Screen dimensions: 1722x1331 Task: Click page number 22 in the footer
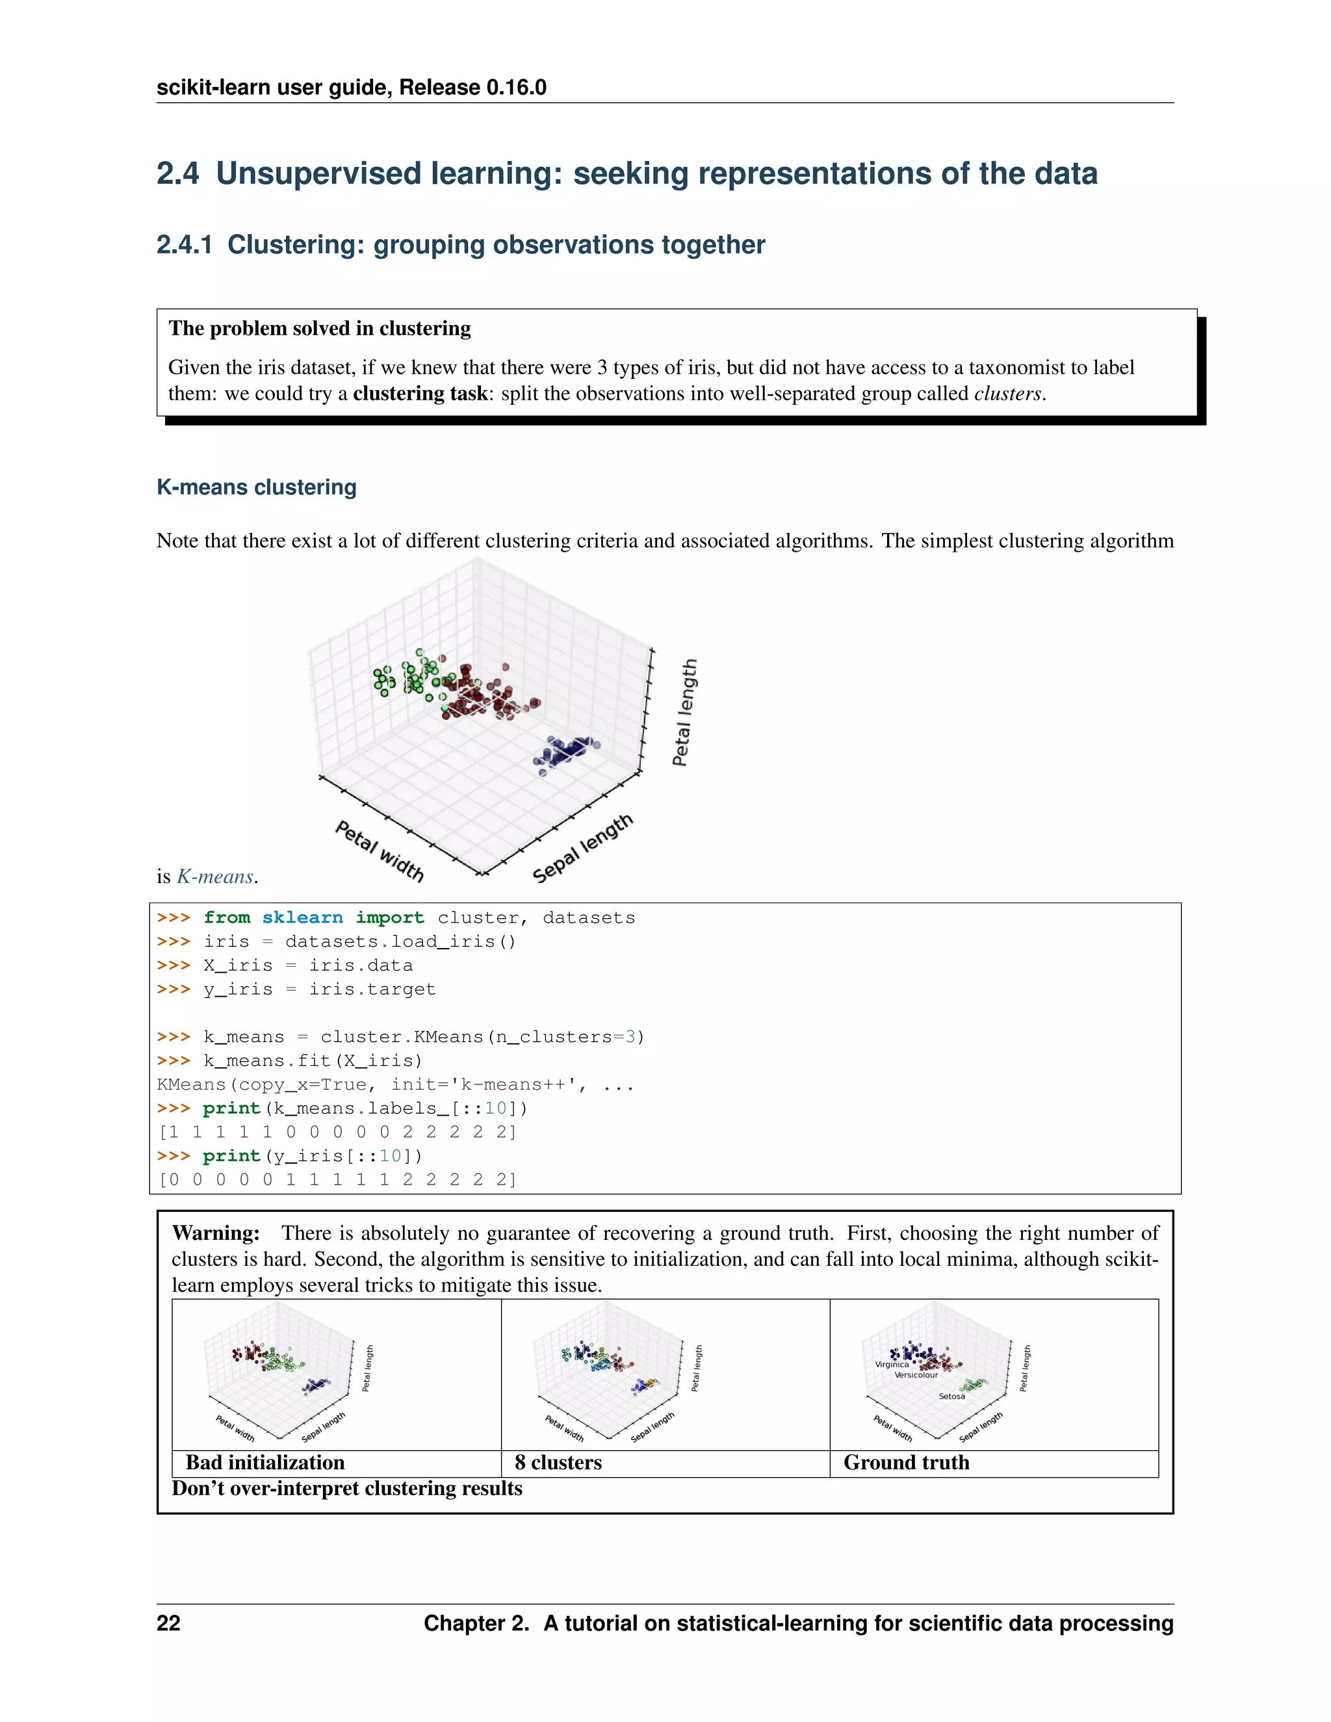point(169,1623)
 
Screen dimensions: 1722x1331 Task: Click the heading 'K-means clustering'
point(256,487)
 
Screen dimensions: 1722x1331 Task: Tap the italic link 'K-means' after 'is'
point(214,877)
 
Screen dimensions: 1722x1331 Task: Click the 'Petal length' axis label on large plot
point(684,712)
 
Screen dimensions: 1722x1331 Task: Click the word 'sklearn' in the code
point(302,918)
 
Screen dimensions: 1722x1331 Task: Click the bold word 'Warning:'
point(215,1233)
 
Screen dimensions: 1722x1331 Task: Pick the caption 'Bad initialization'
point(265,1463)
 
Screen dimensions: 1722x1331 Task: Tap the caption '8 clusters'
point(558,1463)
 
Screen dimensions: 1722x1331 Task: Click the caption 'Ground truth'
point(906,1463)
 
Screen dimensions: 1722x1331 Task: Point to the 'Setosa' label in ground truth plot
point(951,1396)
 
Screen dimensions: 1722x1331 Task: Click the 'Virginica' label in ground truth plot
point(891,1365)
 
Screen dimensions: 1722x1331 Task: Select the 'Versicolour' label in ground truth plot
point(916,1375)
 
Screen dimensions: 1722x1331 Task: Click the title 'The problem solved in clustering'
point(319,328)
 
